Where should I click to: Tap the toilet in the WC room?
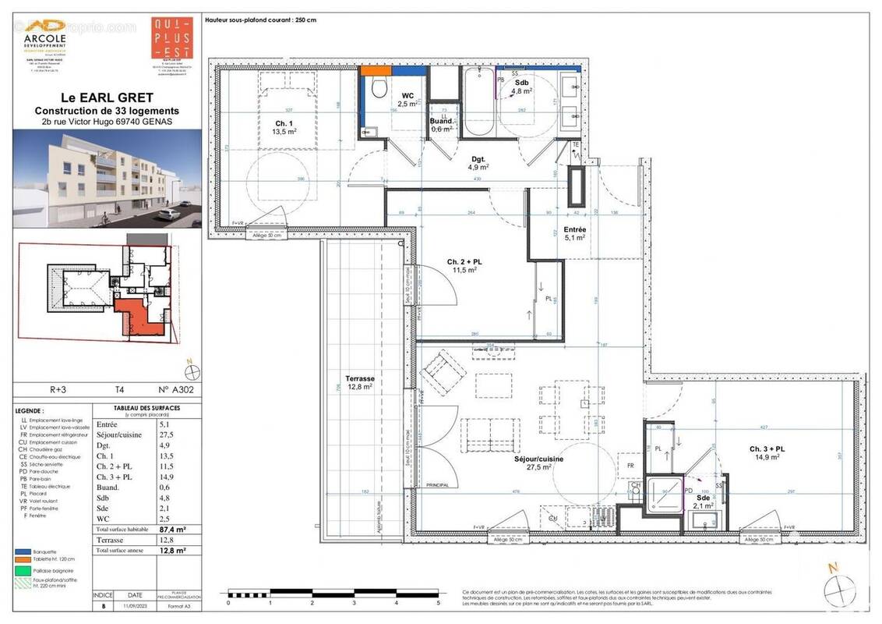click(379, 87)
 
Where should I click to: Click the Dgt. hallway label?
click(478, 161)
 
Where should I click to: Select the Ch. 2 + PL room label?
click(464, 265)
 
